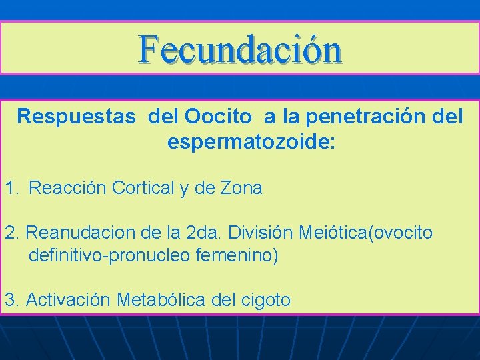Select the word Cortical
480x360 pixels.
[143, 189]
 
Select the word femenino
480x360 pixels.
[234, 255]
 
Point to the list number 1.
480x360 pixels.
[11, 189]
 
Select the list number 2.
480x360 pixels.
[10, 233]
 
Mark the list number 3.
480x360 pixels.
[10, 299]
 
